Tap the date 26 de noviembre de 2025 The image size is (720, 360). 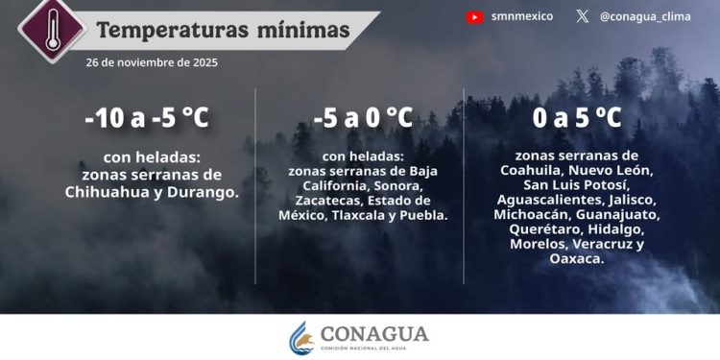(x=152, y=62)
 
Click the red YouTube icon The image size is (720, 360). (x=474, y=16)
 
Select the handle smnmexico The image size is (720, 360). (x=521, y=16)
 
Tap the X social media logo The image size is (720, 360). (x=583, y=16)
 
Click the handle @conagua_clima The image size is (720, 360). (x=644, y=16)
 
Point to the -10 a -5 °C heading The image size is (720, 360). (x=146, y=119)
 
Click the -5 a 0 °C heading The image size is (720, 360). (x=363, y=118)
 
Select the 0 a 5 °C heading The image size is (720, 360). (x=577, y=118)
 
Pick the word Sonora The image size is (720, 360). (x=399, y=185)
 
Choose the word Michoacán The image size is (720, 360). (x=534, y=215)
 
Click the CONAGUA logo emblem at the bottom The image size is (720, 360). (x=301, y=337)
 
